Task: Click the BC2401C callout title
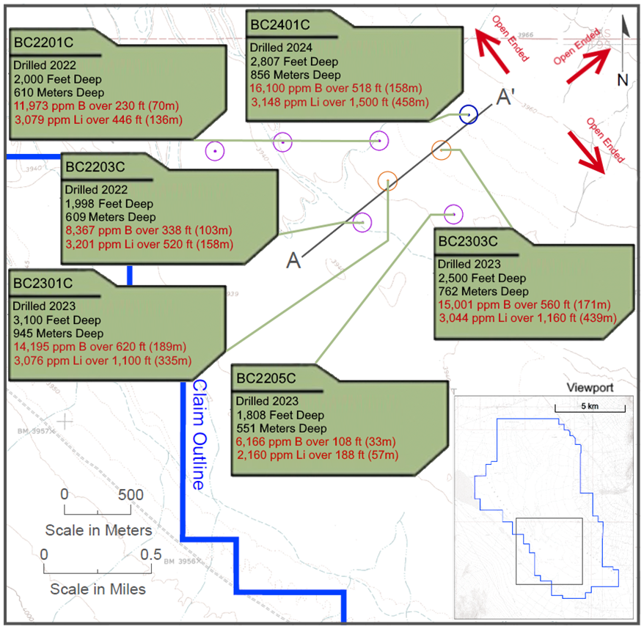(x=280, y=24)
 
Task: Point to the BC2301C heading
(x=42, y=282)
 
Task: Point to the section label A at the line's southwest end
(x=294, y=261)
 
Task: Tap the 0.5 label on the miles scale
(x=151, y=554)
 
